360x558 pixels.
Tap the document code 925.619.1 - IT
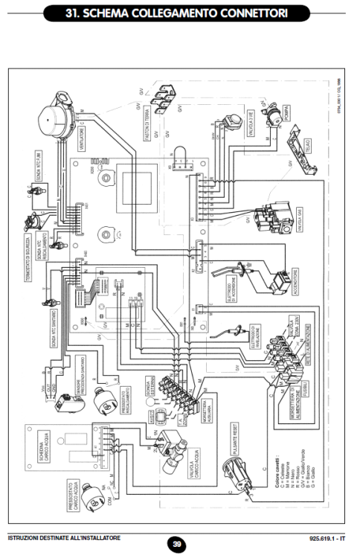329,537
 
